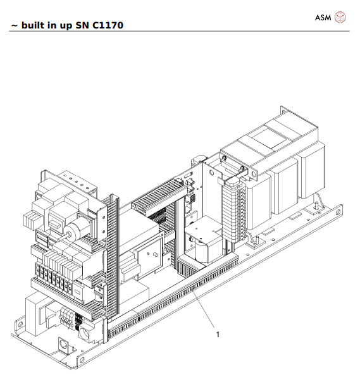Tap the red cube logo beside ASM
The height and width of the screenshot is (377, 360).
[x=340, y=16]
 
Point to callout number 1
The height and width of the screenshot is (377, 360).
[x=218, y=334]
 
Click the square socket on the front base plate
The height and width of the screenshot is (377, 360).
[x=63, y=345]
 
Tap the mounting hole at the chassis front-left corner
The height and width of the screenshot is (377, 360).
[x=80, y=361]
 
